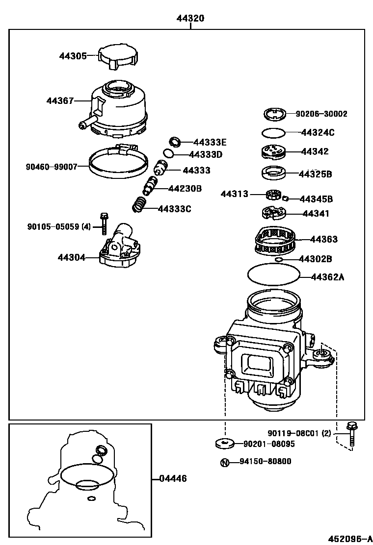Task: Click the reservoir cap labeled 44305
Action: pyautogui.click(x=116, y=57)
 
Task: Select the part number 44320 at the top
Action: pyautogui.click(x=190, y=19)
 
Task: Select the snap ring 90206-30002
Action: pyautogui.click(x=274, y=115)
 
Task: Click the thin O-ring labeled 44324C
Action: pyautogui.click(x=273, y=132)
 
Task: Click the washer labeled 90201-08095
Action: pyautogui.click(x=225, y=444)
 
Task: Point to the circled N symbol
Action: pyautogui.click(x=224, y=462)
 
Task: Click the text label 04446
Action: pyautogui.click(x=173, y=478)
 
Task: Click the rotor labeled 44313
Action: pyautogui.click(x=272, y=195)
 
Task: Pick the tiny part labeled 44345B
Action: pyautogui.click(x=286, y=198)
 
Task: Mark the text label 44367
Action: pyautogui.click(x=60, y=101)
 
